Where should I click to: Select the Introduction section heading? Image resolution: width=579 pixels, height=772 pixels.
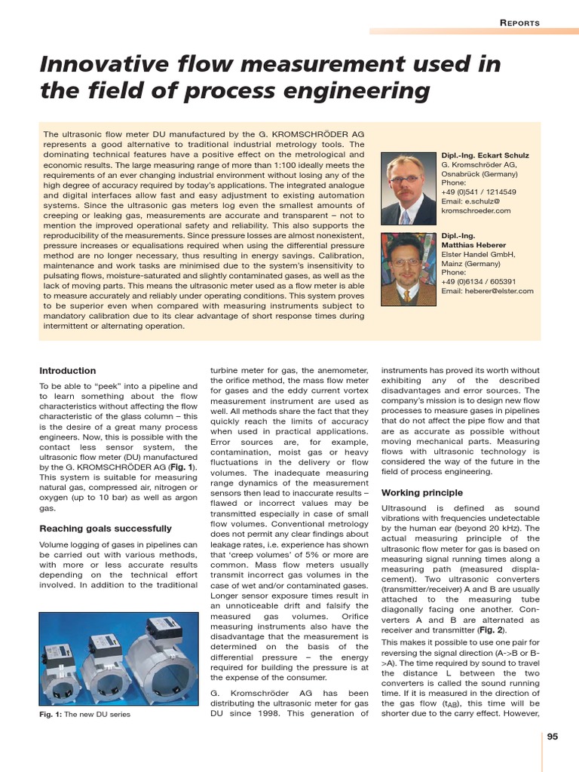68,371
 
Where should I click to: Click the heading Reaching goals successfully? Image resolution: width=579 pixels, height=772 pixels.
105,528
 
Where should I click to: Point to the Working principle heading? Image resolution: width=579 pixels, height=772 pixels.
422,493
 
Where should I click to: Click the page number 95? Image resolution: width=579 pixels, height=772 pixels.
553,737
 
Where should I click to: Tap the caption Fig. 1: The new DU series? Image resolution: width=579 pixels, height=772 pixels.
84,715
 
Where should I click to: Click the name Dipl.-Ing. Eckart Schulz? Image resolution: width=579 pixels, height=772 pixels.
485,155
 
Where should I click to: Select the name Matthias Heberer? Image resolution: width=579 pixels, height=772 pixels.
473,245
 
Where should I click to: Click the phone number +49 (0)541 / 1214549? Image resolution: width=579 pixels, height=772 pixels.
479,192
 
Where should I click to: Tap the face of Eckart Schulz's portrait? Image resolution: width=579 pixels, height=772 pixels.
406,182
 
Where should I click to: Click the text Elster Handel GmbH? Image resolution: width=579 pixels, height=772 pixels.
478,255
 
